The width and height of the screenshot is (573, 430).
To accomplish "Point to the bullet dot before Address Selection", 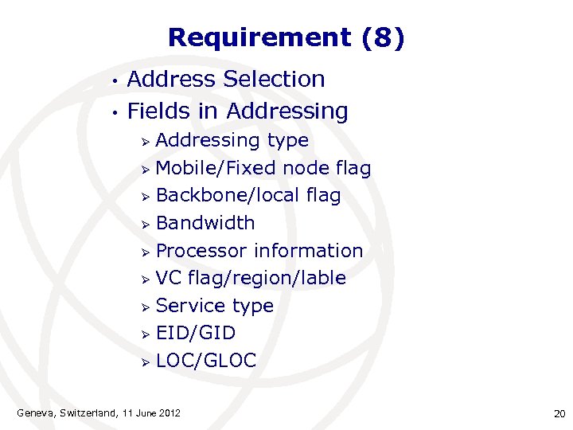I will point(115,80).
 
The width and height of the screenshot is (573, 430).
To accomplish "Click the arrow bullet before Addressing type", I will point(146,142).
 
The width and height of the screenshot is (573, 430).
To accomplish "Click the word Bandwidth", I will point(205,223).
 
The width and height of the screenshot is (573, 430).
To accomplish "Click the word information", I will point(308,251).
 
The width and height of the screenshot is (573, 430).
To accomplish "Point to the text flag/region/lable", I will point(267,278).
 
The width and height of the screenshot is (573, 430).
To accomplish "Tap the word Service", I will point(191,306).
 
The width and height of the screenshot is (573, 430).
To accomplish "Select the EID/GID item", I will point(196,333).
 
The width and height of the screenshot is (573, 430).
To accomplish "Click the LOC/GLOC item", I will point(206,361).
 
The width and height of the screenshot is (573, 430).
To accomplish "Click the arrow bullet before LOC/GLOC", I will point(146,362).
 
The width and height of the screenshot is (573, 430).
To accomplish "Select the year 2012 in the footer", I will point(168,412).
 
